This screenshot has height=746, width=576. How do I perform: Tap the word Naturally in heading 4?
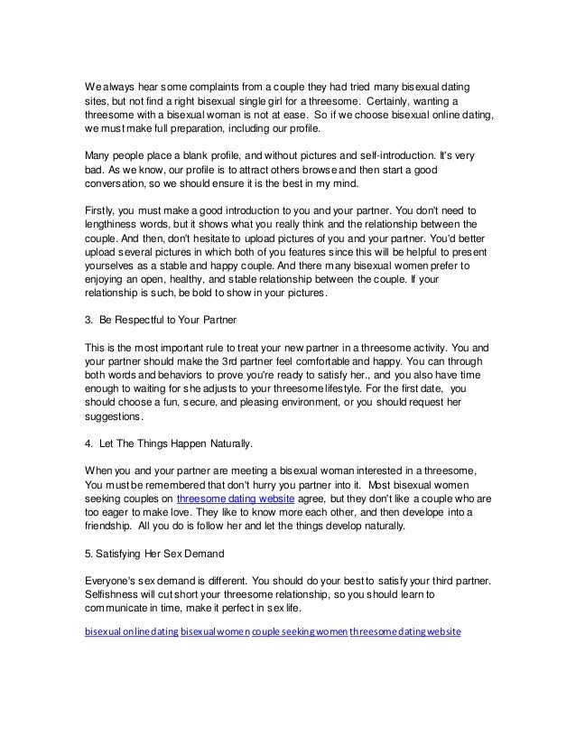[227, 445]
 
